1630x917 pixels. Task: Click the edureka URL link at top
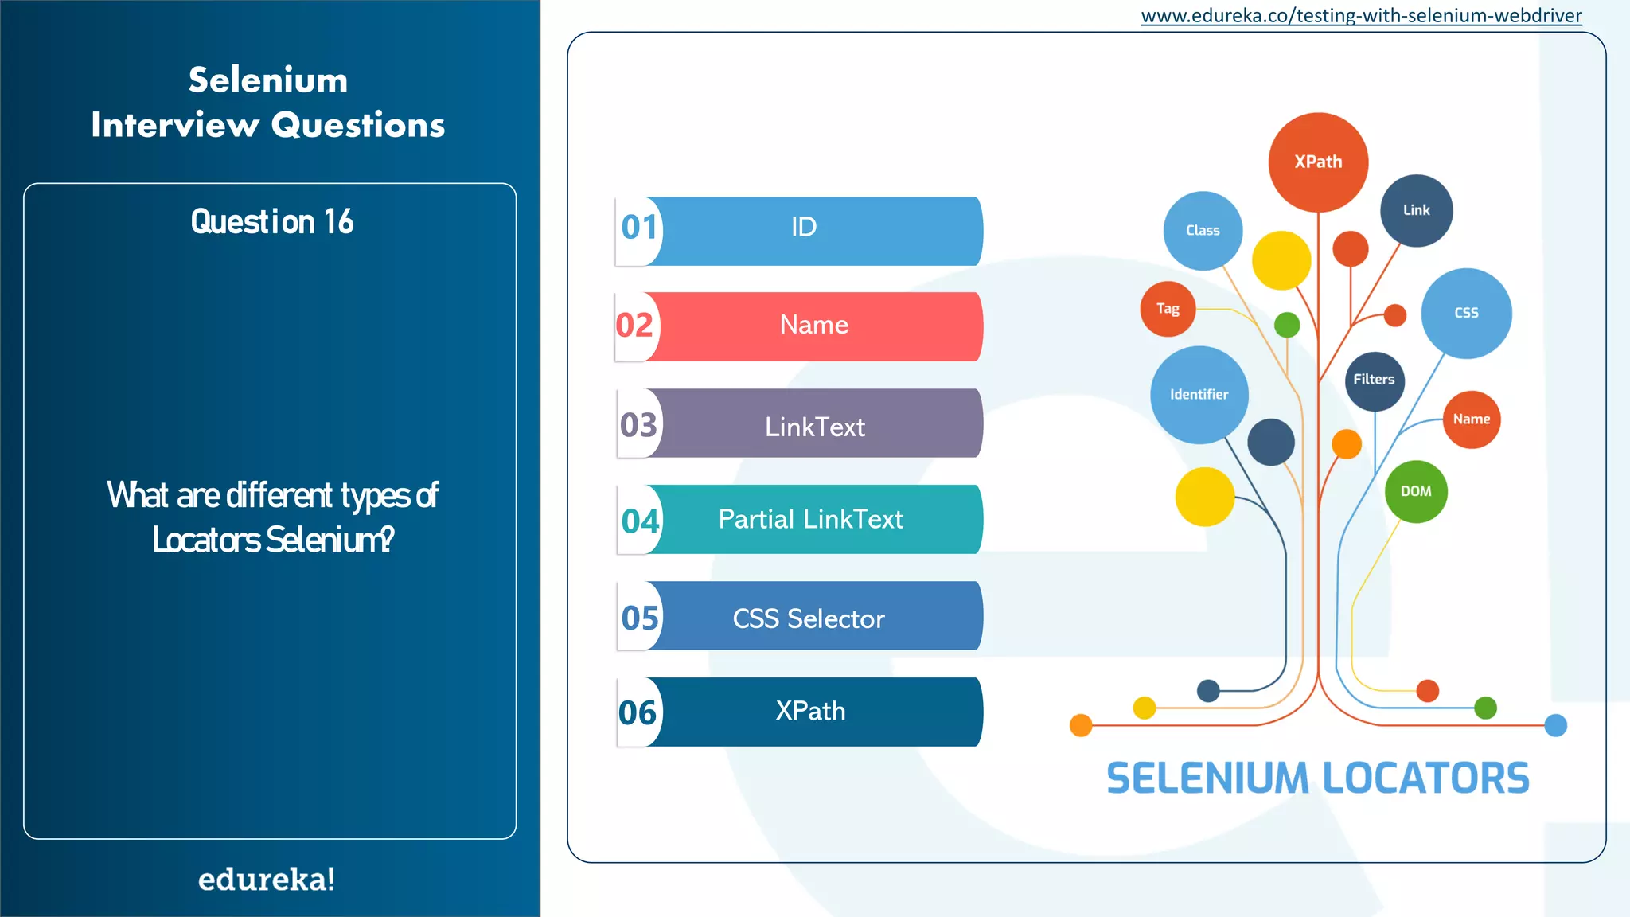pos(1361,16)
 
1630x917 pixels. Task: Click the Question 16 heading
pos(271,222)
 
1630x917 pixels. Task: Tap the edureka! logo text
pos(267,880)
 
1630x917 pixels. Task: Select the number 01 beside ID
pos(639,228)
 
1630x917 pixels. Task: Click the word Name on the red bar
pos(813,325)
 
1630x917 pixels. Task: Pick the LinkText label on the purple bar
pos(814,427)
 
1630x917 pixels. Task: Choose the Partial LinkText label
pos(810,520)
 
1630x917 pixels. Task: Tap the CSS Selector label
pos(808,619)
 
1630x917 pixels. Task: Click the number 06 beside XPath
pos(638,713)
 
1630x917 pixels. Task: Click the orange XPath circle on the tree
pos(1318,162)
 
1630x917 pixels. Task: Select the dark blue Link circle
pos(1416,211)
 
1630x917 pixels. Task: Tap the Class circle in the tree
pos(1203,231)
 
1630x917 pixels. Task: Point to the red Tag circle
pos(1168,309)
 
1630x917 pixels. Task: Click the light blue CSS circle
pos(1466,314)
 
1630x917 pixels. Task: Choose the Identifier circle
pos(1199,395)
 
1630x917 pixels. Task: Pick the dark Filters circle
pos(1375,380)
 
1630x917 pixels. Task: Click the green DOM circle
pos(1416,492)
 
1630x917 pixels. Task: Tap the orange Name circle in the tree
pos(1472,419)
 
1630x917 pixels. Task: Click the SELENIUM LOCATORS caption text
pos(1317,778)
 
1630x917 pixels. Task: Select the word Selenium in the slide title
pos(268,80)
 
